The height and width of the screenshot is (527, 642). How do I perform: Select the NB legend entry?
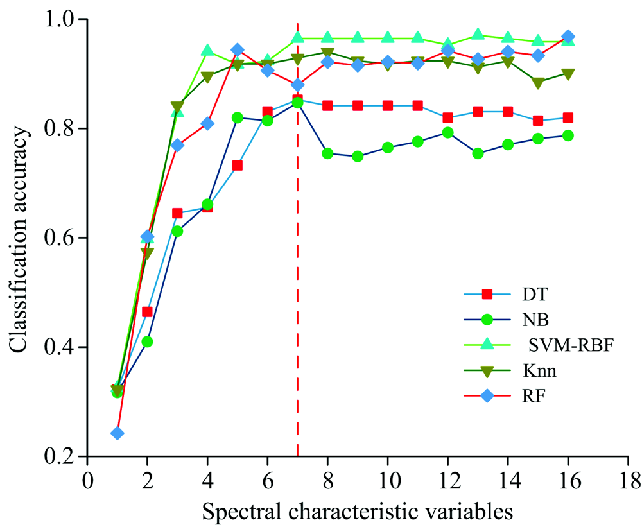click(x=511, y=319)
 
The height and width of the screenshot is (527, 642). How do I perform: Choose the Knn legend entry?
click(x=511, y=370)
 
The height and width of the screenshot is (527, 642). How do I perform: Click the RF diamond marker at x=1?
click(x=117, y=433)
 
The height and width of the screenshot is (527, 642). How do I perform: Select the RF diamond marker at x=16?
click(x=568, y=37)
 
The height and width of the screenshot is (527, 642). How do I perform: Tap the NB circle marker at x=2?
click(x=147, y=341)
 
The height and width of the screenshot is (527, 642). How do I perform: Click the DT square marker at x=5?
click(x=237, y=165)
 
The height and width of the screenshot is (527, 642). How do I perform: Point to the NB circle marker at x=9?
click(x=358, y=157)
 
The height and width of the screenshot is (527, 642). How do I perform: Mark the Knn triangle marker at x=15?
click(x=538, y=83)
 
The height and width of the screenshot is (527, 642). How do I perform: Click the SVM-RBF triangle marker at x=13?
click(x=478, y=35)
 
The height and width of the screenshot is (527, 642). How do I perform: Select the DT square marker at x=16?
click(x=568, y=117)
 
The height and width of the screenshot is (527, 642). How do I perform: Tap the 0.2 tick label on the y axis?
click(x=64, y=457)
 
